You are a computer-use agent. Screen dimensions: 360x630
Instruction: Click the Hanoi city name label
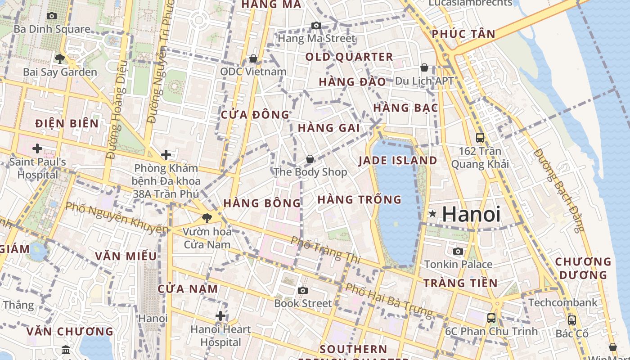pyautogui.click(x=471, y=214)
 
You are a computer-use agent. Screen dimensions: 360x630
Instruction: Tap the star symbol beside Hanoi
pyautogui.click(x=432, y=214)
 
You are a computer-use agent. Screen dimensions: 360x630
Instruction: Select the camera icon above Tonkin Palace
pyautogui.click(x=458, y=251)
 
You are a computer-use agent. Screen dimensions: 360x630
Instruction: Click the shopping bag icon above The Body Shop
pyautogui.click(x=310, y=159)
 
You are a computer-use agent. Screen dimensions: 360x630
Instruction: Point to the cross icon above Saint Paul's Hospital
pyautogui.click(x=37, y=148)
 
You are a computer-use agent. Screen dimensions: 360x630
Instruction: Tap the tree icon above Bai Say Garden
pyautogui.click(x=59, y=58)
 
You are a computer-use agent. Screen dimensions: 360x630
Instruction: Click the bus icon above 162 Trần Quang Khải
pyautogui.click(x=480, y=137)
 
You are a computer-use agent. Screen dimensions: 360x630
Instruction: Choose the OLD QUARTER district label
pyautogui.click(x=349, y=57)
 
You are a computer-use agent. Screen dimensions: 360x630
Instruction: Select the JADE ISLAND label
pyautogui.click(x=397, y=161)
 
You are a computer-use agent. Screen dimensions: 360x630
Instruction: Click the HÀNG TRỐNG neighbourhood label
pyautogui.click(x=359, y=199)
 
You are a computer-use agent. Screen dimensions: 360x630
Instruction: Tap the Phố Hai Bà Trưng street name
pyautogui.click(x=389, y=300)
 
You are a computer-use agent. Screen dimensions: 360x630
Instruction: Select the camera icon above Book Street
pyautogui.click(x=303, y=290)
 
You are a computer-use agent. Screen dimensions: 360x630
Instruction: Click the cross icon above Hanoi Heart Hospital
pyautogui.click(x=220, y=316)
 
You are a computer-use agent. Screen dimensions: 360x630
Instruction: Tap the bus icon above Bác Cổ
pyautogui.click(x=571, y=320)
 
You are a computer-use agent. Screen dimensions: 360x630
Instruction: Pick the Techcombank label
pyautogui.click(x=562, y=302)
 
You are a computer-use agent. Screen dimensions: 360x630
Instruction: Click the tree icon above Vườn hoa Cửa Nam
pyautogui.click(x=207, y=218)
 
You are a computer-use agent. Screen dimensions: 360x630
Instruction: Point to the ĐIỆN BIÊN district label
pyautogui.click(x=67, y=123)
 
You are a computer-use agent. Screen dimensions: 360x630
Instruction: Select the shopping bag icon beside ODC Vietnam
pyautogui.click(x=253, y=59)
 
